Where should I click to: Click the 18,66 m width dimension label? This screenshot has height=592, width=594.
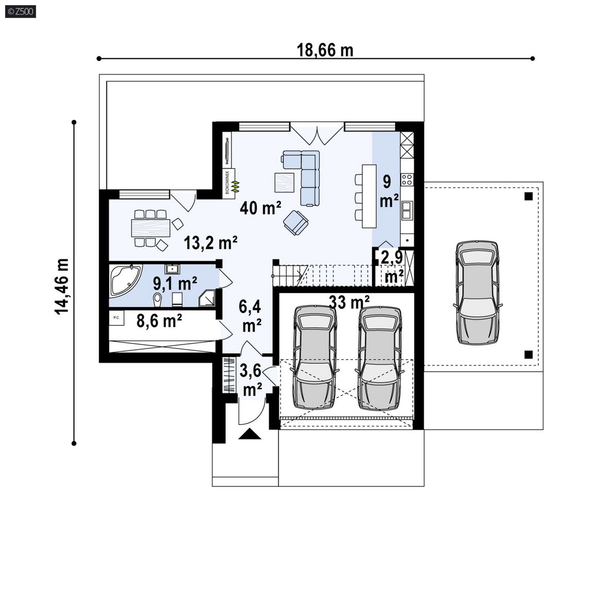[x=325, y=50]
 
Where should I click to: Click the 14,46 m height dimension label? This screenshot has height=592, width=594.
[x=62, y=286]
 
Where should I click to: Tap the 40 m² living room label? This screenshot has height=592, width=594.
[x=260, y=208]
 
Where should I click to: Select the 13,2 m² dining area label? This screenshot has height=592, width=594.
[x=210, y=242]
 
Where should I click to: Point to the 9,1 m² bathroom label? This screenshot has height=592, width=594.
[x=175, y=283]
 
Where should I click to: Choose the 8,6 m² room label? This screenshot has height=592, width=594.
[x=159, y=321]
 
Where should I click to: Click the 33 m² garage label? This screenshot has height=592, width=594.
[x=349, y=302]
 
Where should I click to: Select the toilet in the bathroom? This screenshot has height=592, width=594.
[x=158, y=299]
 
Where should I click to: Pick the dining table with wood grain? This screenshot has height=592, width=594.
[x=150, y=228]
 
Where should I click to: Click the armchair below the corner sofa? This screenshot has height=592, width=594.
[x=295, y=222]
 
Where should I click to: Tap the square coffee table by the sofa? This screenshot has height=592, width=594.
[x=285, y=183]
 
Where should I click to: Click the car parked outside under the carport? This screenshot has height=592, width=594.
[x=477, y=292]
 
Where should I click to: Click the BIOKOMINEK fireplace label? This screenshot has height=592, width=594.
[x=227, y=182]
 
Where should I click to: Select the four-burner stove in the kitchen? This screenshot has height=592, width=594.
[x=407, y=179]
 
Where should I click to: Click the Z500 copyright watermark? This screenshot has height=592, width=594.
[x=21, y=11]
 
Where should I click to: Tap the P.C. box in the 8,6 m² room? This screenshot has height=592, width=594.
[x=117, y=318]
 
